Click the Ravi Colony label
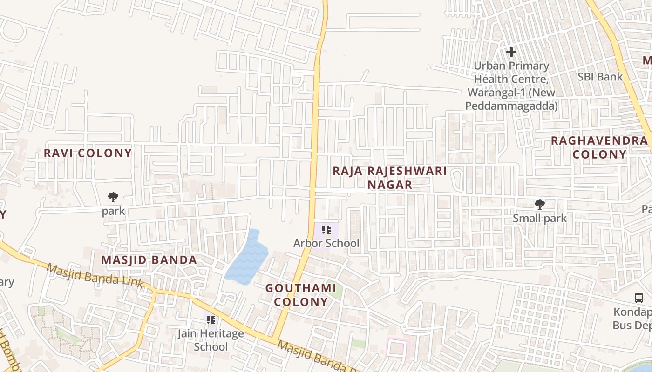pyautogui.click(x=88, y=153)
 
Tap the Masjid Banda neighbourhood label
pyautogui.click(x=149, y=260)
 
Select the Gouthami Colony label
pyautogui.click(x=301, y=295)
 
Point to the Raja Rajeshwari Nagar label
pyautogui.click(x=390, y=178)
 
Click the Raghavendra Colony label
pyautogui.click(x=599, y=147)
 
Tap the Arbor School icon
pyautogui.click(x=326, y=230)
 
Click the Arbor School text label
pyautogui.click(x=326, y=243)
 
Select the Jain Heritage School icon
pyautogui.click(x=211, y=320)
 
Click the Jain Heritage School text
pyautogui.click(x=211, y=340)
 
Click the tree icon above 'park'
pyautogui.click(x=113, y=197)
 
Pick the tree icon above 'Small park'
pyautogui.click(x=539, y=204)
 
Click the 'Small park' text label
pyautogui.click(x=539, y=218)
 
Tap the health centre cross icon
pyautogui.click(x=511, y=52)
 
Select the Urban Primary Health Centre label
pyautogui.click(x=511, y=86)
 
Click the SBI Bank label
pyautogui.click(x=600, y=77)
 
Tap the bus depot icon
pyautogui.click(x=639, y=298)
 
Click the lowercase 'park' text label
pyautogui.click(x=114, y=211)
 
